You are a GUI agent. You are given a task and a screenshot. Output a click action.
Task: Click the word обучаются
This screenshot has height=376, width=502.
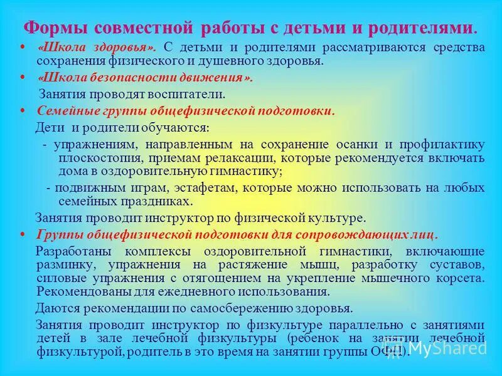tap(175, 128)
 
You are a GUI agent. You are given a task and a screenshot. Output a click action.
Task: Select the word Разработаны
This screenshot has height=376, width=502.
tap(69, 251)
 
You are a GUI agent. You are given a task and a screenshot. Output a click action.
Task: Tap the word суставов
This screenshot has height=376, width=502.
tap(456, 264)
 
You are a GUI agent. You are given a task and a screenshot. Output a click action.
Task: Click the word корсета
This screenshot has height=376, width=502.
tap(463, 278)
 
